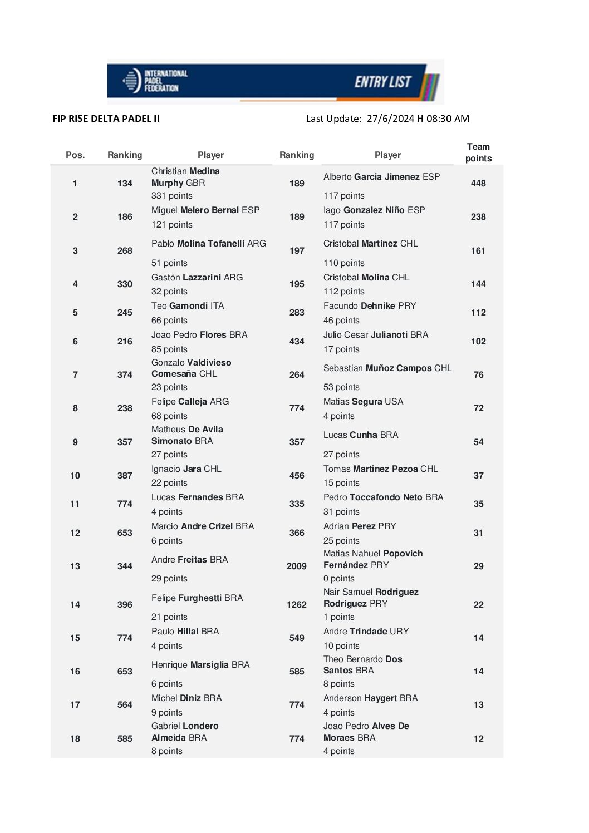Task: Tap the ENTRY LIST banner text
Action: click(x=382, y=82)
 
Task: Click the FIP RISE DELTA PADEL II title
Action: click(x=106, y=119)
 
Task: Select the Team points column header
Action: click(x=478, y=152)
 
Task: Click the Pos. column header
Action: click(x=75, y=155)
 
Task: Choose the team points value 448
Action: click(x=478, y=184)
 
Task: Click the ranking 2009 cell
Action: click(x=297, y=566)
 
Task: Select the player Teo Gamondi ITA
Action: click(x=188, y=306)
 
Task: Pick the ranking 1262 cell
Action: click(x=297, y=605)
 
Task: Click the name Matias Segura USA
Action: click(x=363, y=402)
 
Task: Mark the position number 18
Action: click(x=75, y=739)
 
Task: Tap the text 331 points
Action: click(x=172, y=196)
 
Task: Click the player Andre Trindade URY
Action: click(x=366, y=632)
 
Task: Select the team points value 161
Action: click(x=478, y=251)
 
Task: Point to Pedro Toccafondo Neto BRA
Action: click(x=383, y=497)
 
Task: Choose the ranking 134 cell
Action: click(x=125, y=184)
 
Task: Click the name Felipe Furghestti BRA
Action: click(x=197, y=598)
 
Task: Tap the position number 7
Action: click(x=75, y=375)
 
